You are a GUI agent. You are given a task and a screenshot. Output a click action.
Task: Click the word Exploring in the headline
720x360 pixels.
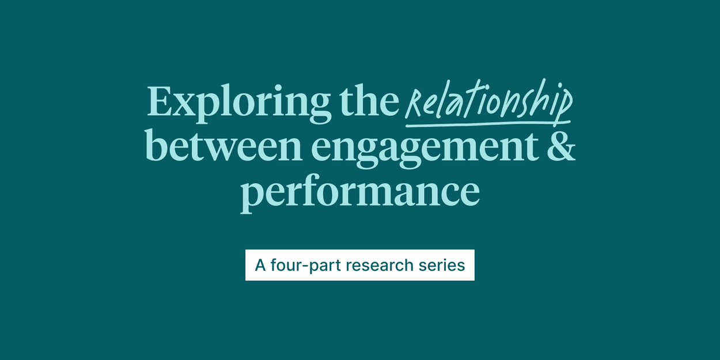coord(237,103)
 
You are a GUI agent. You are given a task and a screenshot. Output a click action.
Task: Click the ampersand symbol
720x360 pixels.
coord(560,146)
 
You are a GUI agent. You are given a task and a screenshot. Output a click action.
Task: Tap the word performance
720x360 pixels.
coord(360,192)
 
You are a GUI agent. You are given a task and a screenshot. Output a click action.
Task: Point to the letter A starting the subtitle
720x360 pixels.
coord(260,265)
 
